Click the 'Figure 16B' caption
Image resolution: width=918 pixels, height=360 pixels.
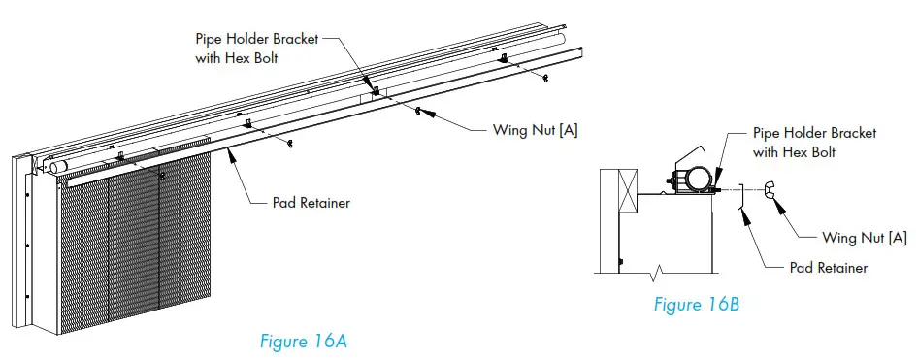696,305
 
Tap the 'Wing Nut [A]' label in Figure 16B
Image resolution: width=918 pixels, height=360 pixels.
864,237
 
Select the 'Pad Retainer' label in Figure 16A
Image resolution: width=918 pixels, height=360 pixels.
309,203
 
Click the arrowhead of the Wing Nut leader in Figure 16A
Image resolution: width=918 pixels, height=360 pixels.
423,113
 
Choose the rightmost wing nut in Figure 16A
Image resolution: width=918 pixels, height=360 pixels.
547,78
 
